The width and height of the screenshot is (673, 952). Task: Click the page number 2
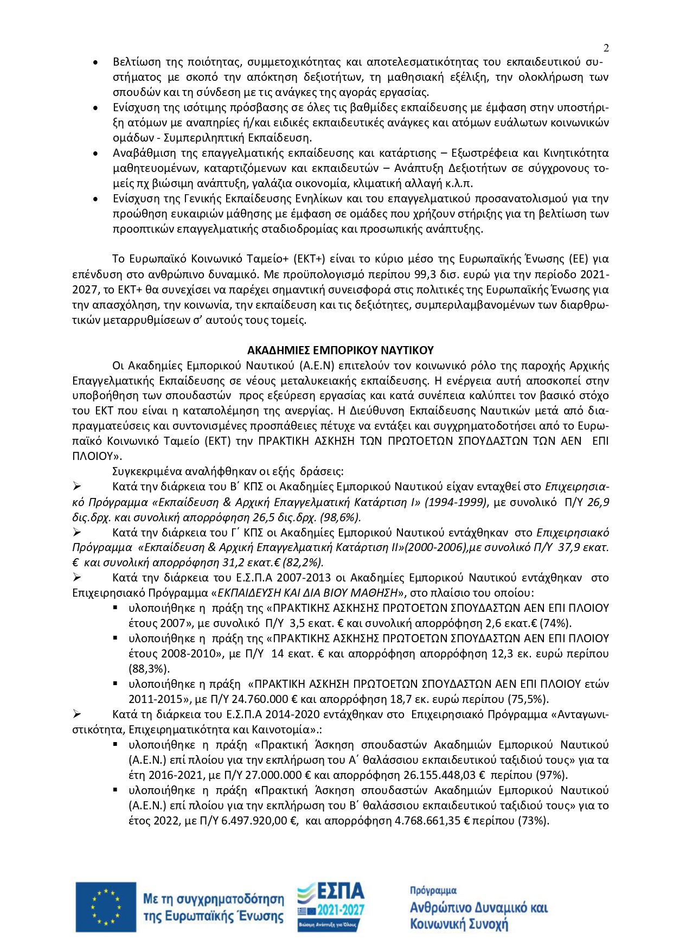pos(606,48)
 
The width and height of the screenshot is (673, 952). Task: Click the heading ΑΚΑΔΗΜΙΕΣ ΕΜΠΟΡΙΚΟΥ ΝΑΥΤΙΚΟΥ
pos(340,350)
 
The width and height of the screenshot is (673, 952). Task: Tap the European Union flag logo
pos(106,907)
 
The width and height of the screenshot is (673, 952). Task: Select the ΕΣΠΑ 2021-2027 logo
pos(331,906)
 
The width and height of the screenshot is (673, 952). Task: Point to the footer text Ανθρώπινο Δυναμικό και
pos(478,908)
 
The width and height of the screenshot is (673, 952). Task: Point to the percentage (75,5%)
pos(526,699)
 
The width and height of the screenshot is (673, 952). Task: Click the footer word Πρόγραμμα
pos(433,890)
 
